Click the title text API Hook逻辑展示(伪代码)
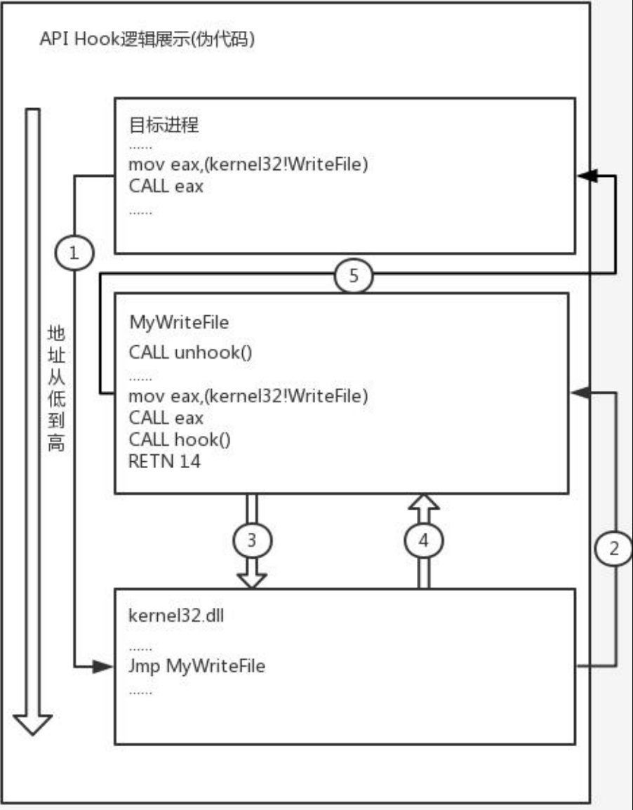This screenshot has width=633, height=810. coord(147,39)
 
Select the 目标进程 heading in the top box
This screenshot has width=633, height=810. coord(164,126)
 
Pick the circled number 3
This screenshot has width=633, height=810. coord(252,541)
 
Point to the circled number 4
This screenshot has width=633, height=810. coord(423,541)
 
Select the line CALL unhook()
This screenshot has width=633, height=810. coord(190,351)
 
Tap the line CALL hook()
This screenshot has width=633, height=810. coord(180,440)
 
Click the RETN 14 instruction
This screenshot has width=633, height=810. coord(165,462)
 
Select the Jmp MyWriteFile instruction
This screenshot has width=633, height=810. coord(197,666)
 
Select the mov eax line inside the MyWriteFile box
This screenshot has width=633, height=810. coord(248,396)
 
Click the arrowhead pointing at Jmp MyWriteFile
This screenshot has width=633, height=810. coord(105,666)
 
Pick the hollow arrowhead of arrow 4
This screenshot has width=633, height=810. coord(423,503)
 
